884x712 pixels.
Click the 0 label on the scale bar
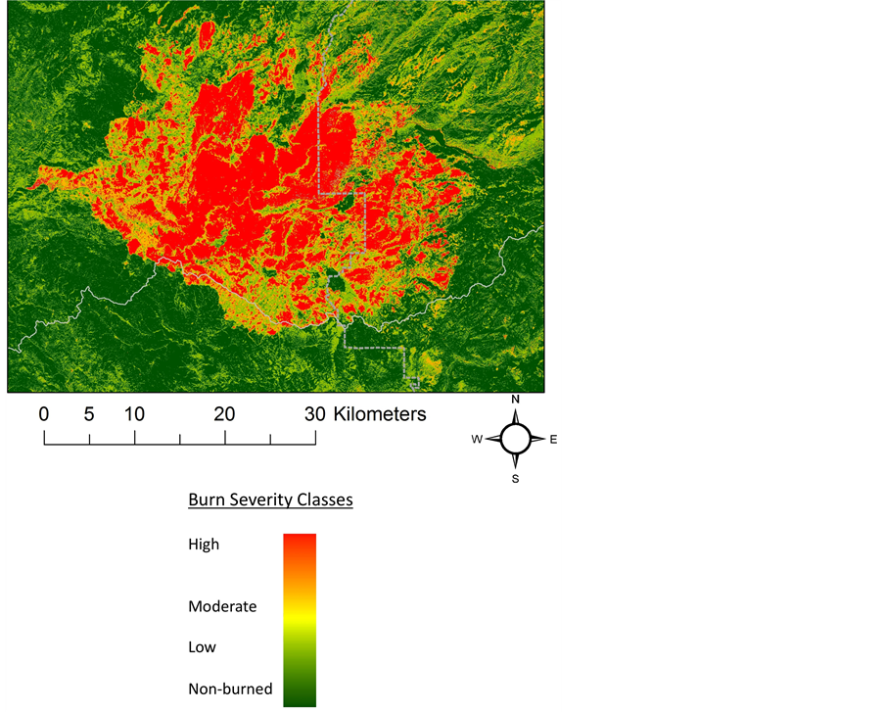point(44,414)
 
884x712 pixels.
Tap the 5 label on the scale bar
point(89,414)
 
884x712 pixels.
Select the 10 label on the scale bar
point(134,414)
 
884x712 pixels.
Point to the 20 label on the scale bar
point(224,414)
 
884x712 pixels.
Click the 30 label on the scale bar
point(314,414)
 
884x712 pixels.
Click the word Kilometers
point(380,414)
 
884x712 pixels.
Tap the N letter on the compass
point(515,400)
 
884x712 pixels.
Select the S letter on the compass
point(515,479)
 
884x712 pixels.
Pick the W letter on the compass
point(477,440)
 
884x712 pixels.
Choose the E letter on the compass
point(553,440)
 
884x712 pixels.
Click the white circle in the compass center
point(515,439)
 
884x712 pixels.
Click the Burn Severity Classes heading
point(270,499)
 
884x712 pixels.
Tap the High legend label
point(204,545)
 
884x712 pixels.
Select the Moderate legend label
point(222,607)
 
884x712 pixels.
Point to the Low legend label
point(202,647)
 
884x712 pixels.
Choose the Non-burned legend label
point(230,688)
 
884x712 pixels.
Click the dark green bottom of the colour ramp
point(300,697)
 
